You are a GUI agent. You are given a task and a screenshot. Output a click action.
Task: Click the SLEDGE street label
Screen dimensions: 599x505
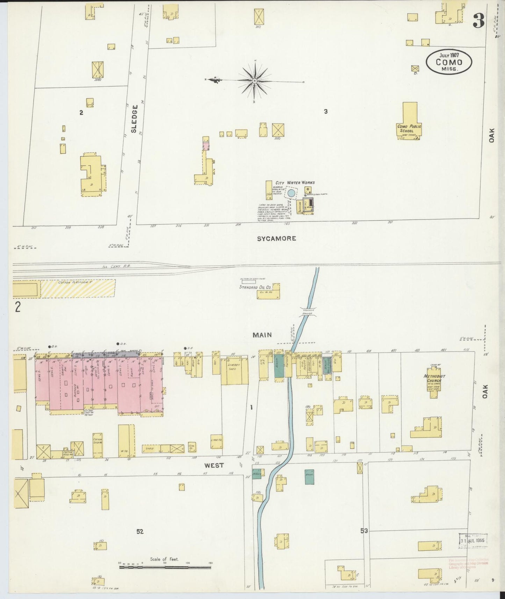tap(135, 119)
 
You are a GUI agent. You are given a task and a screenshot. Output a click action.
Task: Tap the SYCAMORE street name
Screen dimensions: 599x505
tap(276, 239)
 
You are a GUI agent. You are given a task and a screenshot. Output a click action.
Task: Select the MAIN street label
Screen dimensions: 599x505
tap(262, 335)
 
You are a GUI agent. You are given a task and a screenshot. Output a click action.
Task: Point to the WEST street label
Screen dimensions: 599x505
tap(214, 465)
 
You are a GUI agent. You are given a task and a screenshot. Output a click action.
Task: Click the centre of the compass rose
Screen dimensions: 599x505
tap(254, 81)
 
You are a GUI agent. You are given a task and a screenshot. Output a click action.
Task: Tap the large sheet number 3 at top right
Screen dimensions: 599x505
tap(478, 22)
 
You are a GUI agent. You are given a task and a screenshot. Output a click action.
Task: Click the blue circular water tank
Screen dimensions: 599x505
tap(291, 193)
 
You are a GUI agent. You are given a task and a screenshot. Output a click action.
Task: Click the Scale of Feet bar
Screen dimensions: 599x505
tap(165, 567)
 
